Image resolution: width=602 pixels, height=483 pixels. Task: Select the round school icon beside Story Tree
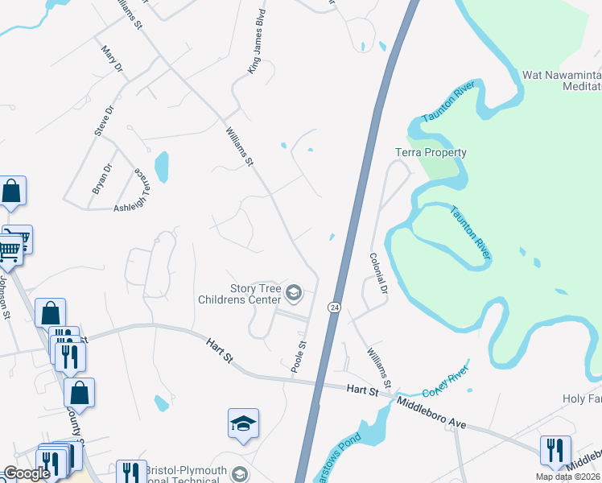294,293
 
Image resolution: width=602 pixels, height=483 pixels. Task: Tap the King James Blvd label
257,54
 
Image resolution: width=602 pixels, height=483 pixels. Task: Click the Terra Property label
431,152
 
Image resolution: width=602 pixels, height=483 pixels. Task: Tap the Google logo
26,473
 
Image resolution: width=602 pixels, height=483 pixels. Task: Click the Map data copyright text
568,477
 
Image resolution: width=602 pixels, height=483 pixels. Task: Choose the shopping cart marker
10,250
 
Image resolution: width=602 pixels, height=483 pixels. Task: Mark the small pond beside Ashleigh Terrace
162,167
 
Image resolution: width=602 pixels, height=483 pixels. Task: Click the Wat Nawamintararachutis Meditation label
561,80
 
